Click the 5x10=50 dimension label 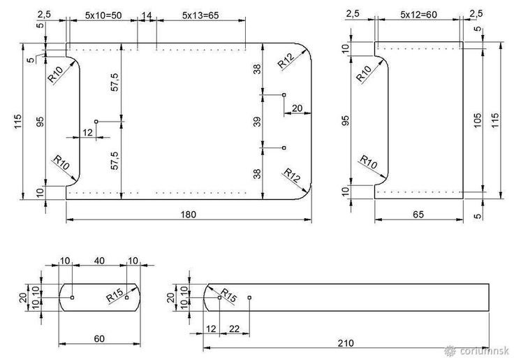click(103, 15)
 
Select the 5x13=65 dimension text click(200, 15)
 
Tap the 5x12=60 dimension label click(418, 15)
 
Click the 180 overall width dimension click(188, 215)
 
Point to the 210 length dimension click(346, 343)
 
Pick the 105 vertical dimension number click(478, 120)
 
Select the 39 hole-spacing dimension click(258, 122)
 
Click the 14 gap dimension click(147, 15)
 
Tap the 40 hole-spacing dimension click(99, 261)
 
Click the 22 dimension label click(234, 329)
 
